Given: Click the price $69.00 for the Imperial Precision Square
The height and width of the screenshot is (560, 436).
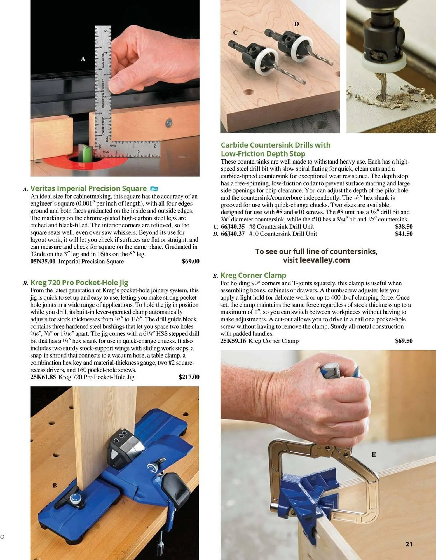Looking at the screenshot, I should click(x=190, y=262).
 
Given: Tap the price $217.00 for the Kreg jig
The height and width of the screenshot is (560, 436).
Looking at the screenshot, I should click(x=189, y=377).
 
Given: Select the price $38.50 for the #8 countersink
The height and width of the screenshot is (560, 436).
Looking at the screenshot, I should click(x=404, y=227).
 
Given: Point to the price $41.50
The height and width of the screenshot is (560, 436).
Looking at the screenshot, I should click(x=404, y=234).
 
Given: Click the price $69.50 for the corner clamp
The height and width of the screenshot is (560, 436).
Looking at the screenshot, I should click(x=404, y=341).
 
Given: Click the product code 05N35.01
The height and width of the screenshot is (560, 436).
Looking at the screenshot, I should click(x=43, y=262).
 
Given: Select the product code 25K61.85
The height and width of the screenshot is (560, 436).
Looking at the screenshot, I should click(x=43, y=377).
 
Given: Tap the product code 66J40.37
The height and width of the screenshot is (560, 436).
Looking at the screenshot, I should click(x=233, y=234).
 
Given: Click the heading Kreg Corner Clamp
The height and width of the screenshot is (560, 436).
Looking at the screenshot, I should click(x=253, y=275).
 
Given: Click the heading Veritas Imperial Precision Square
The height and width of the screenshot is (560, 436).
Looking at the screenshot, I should click(x=88, y=188).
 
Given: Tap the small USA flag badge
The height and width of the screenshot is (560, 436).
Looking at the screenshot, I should click(x=154, y=189).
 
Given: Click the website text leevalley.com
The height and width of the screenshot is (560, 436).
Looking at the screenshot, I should click(x=325, y=260).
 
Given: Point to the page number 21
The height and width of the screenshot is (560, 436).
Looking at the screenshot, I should click(x=409, y=544).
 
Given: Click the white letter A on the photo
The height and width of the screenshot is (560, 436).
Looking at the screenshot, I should click(x=83, y=59).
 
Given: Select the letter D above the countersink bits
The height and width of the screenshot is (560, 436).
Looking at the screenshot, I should click(x=296, y=24).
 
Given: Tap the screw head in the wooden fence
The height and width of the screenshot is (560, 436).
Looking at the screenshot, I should click(x=168, y=123).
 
